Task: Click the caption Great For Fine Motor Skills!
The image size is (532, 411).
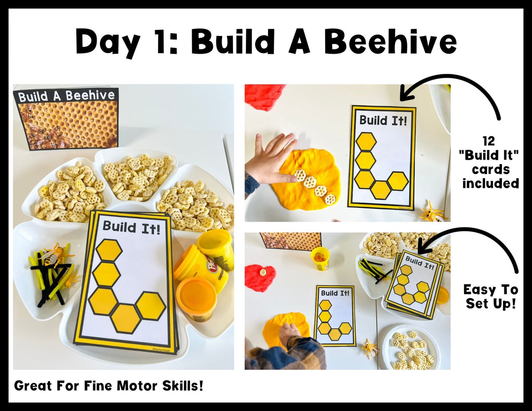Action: pyautogui.click(x=108, y=385)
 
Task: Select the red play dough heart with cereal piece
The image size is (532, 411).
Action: pyautogui.click(x=260, y=276)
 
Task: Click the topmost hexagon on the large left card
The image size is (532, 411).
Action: pyautogui.click(x=109, y=250)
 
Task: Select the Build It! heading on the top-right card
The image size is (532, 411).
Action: pyautogui.click(x=382, y=120)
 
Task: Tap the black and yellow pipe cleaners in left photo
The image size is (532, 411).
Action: pyautogui.click(x=51, y=274)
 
